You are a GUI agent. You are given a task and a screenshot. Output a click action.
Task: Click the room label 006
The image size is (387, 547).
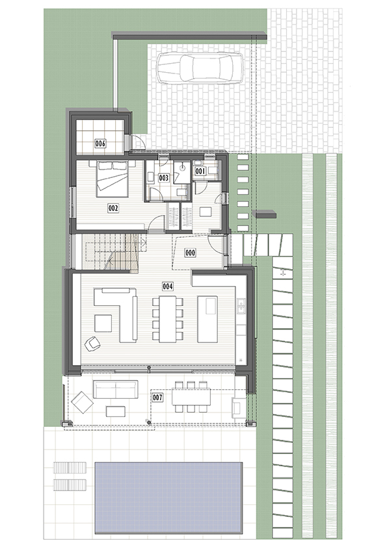101,144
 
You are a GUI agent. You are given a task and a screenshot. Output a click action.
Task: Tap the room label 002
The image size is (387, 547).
113,209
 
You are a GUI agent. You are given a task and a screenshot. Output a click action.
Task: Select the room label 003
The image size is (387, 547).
163,178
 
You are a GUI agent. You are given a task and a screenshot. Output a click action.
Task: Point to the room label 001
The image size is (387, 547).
200,171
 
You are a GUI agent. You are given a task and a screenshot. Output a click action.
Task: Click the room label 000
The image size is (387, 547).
190,252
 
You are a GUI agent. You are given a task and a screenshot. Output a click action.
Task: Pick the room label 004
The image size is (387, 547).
168,286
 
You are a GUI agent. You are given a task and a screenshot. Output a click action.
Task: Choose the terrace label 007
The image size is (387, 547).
157,398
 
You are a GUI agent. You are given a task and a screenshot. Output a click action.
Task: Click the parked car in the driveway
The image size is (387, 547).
200,68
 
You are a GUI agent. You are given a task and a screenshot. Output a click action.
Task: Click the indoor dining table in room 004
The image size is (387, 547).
168,319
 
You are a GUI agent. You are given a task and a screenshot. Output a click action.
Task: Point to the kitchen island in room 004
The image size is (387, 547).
207,319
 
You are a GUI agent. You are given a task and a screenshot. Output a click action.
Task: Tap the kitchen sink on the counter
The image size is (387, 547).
241,306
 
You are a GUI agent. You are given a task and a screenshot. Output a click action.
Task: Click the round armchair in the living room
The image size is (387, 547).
92,343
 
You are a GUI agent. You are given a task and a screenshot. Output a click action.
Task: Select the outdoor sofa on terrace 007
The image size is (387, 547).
115,390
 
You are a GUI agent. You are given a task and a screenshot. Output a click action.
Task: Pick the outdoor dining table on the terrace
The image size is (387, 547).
191,397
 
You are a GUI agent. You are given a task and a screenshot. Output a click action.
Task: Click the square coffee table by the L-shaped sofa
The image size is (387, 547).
103,323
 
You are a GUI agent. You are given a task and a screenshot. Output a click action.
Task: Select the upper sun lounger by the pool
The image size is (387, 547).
70,467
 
